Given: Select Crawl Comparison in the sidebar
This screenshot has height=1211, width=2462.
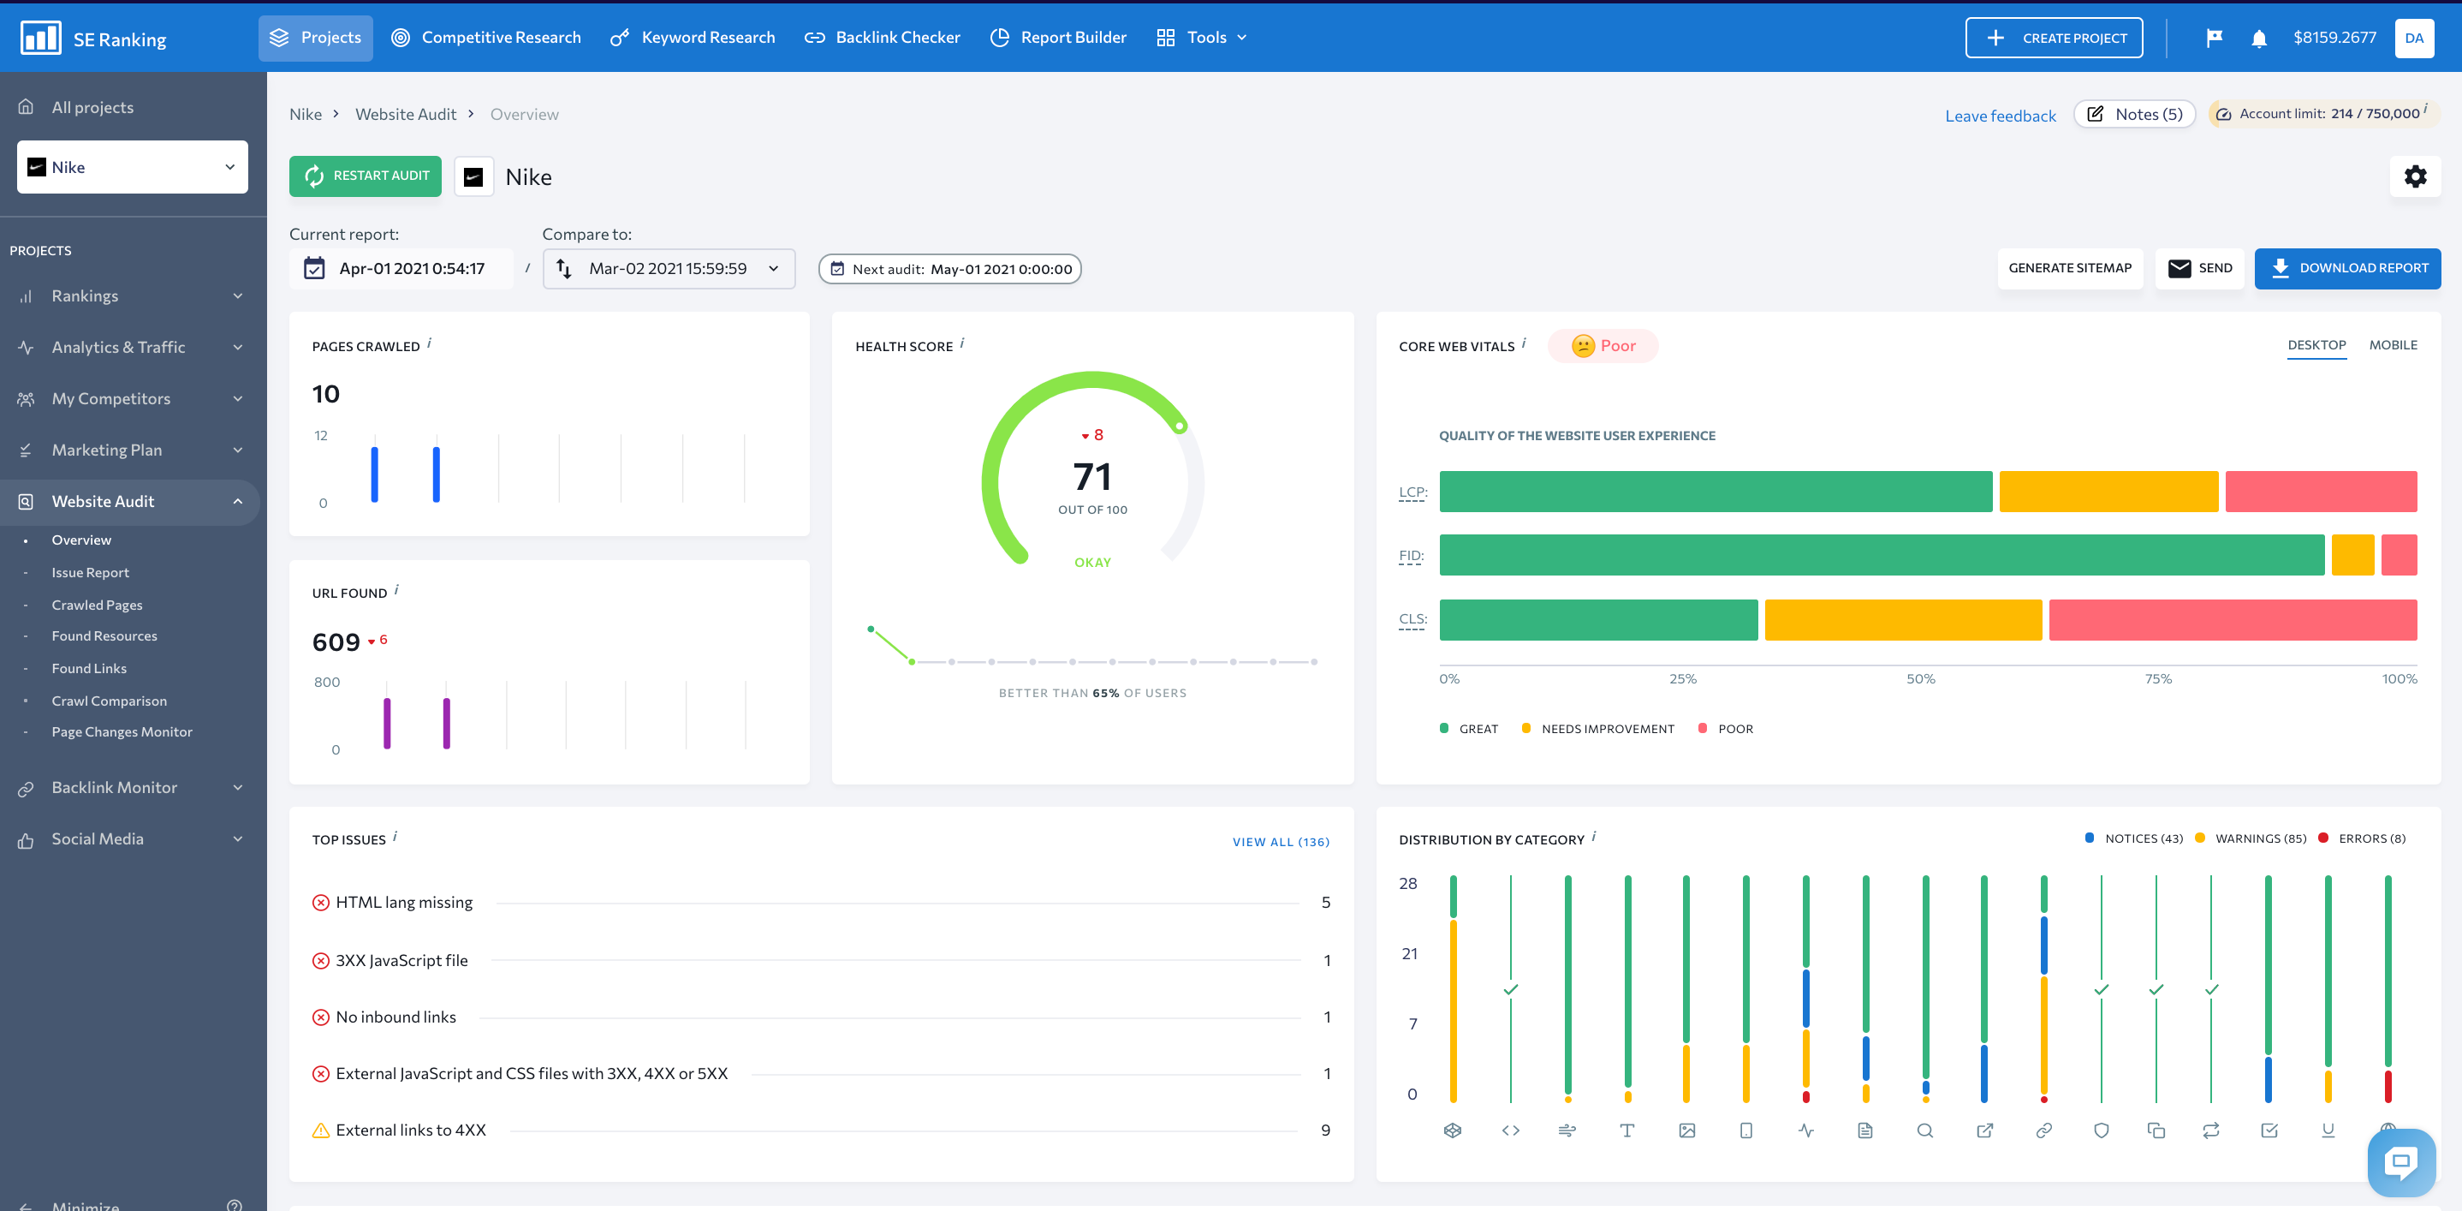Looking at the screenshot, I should [x=109, y=701].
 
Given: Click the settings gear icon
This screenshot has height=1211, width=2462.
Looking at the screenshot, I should [x=2414, y=176].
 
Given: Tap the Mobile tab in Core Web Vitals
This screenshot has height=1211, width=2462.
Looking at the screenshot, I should [x=2392, y=345].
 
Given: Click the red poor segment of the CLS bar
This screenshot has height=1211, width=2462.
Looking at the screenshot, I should [x=2232, y=619].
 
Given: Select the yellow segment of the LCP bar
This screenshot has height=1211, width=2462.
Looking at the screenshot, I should [x=2108, y=492].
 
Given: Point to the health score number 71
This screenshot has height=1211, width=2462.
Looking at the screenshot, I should [x=1091, y=477].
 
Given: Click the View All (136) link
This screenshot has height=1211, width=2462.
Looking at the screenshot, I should [x=1280, y=842].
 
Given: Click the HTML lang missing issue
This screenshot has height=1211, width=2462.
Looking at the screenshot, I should [x=403, y=903].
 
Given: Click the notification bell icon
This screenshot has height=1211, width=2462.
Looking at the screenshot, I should [x=2258, y=39].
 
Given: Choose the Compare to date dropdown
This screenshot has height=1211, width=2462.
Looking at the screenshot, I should [x=669, y=269].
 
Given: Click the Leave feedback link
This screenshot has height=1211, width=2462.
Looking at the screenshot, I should [x=2000, y=116].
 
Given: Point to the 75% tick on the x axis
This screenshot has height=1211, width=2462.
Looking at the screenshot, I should [x=2158, y=678].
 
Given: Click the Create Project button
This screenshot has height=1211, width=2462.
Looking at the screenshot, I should [x=2053, y=39].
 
